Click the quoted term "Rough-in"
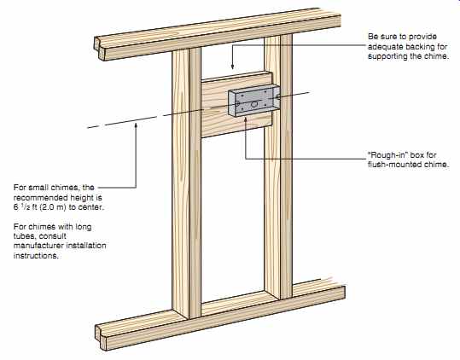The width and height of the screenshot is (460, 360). tap(387, 154)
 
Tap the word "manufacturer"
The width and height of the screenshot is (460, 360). tap(38, 246)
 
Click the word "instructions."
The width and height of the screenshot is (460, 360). tap(36, 255)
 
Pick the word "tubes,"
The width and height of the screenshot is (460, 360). tap(25, 236)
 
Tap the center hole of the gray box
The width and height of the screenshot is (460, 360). tap(254, 103)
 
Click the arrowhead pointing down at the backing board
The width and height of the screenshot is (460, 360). tap(232, 67)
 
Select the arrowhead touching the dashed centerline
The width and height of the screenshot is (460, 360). tap(136, 125)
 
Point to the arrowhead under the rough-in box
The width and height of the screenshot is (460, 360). tap(246, 119)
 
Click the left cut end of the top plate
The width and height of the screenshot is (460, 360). tap(100, 49)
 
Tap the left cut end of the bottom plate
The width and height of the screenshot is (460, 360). tap(101, 337)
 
